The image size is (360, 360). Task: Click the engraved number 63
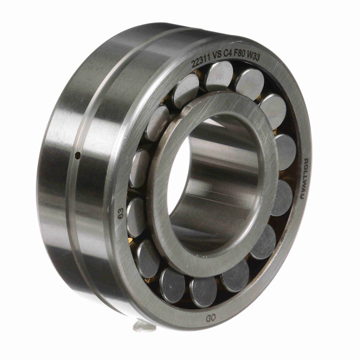[120, 213]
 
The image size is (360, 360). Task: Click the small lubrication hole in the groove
[78, 155]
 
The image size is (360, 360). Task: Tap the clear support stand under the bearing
[144, 326]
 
